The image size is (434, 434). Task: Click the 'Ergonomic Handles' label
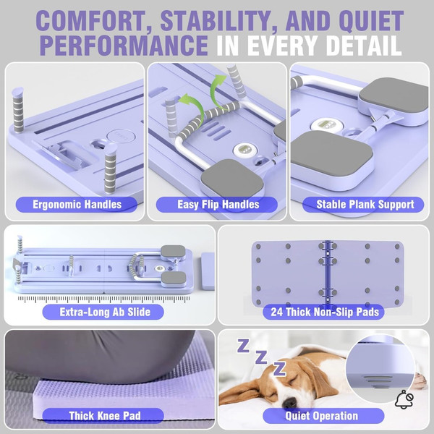click(x=77, y=205)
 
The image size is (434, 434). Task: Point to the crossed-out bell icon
click(x=404, y=399)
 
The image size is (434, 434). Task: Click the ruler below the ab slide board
click(x=103, y=299)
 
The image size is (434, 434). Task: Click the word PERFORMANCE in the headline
click(x=124, y=45)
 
